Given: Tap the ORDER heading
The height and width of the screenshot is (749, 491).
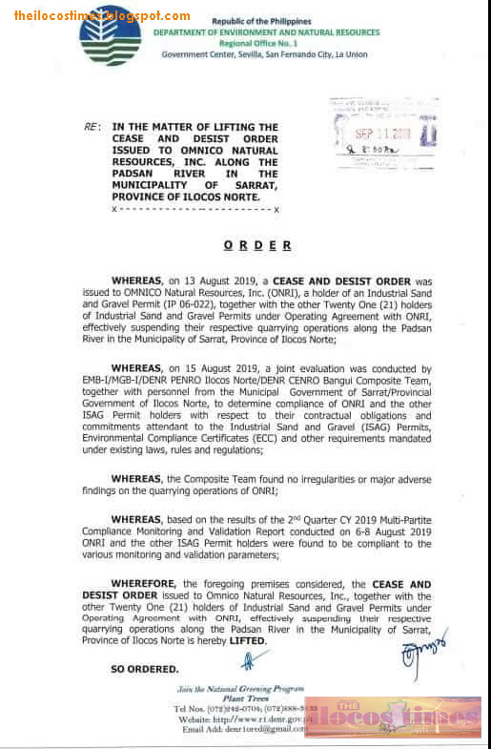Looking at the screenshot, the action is (257, 245).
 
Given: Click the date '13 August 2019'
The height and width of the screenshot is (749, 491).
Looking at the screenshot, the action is (215, 282).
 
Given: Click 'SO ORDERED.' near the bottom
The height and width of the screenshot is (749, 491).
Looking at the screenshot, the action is (144, 669).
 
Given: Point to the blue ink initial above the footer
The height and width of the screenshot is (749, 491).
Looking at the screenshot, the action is (254, 658).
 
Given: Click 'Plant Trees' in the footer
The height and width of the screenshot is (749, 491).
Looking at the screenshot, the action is (240, 698).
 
